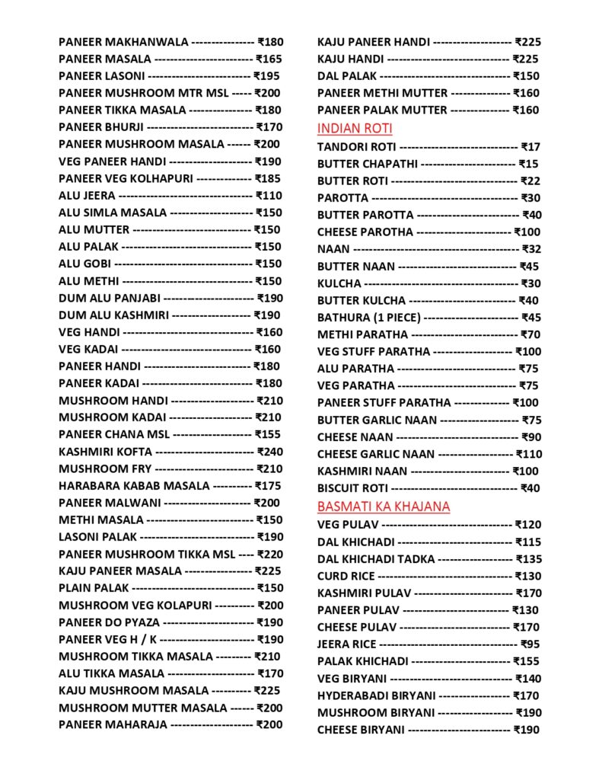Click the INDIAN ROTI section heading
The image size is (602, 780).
tap(355, 128)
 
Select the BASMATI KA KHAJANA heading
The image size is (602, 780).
tap(384, 507)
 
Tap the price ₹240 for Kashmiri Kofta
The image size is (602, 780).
tap(269, 452)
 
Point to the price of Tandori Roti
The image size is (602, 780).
tap(530, 146)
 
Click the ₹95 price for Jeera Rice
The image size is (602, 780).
tap(530, 644)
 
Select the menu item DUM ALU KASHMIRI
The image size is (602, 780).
tap(113, 315)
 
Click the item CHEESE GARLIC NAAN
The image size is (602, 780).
tap(376, 454)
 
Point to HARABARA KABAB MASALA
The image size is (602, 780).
tap(134, 486)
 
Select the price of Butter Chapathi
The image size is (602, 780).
tap(528, 164)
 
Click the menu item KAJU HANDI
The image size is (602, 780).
tap(350, 59)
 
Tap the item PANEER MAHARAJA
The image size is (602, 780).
tap(113, 724)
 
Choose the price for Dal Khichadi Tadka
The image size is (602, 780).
tap(528, 559)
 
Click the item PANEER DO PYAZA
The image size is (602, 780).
tap(110, 622)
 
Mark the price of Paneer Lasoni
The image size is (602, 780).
tap(266, 76)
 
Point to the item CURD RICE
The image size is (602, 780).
tap(346, 576)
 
